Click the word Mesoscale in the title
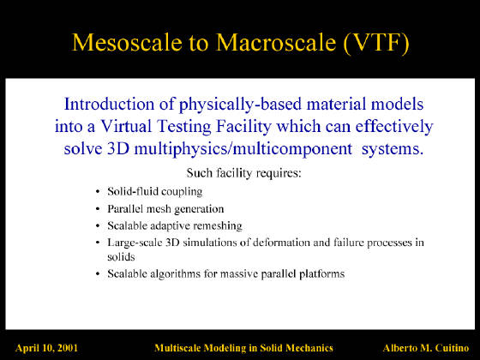point(127,42)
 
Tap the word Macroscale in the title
point(276,42)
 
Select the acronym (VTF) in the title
point(376,43)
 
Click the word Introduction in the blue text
point(109,104)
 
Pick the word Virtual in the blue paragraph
point(126,126)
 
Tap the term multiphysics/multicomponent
point(243,150)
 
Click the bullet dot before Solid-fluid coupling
point(98,192)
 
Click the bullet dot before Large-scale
point(98,243)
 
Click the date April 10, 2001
point(46,348)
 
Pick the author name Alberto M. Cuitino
point(426,348)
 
